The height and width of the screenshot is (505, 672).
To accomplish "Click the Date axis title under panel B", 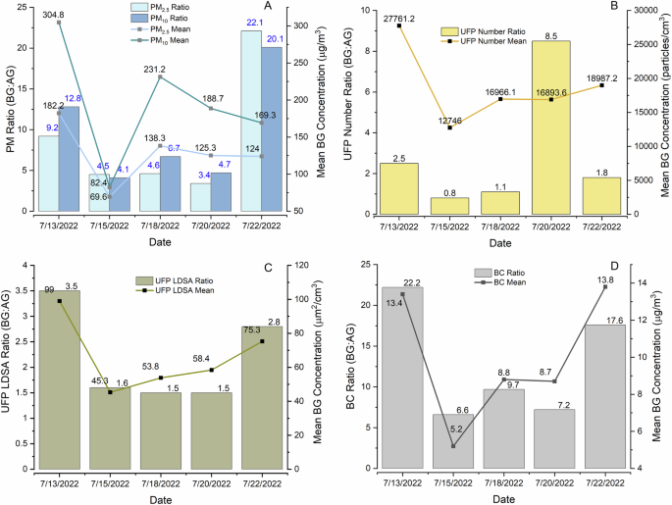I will [499, 241].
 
